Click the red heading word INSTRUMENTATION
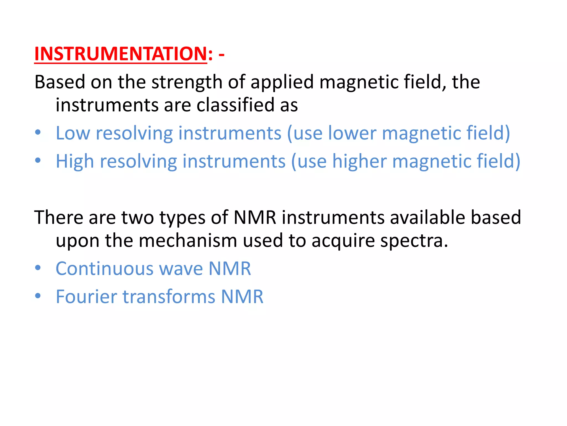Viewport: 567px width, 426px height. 120,54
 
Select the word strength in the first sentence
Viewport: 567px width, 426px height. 187,82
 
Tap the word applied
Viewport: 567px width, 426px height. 282,82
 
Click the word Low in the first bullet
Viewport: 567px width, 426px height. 73,133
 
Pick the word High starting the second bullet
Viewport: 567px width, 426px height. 75,161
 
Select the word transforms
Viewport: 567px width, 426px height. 169,297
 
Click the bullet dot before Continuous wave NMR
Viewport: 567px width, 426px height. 38,268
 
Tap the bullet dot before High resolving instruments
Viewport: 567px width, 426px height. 38,160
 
